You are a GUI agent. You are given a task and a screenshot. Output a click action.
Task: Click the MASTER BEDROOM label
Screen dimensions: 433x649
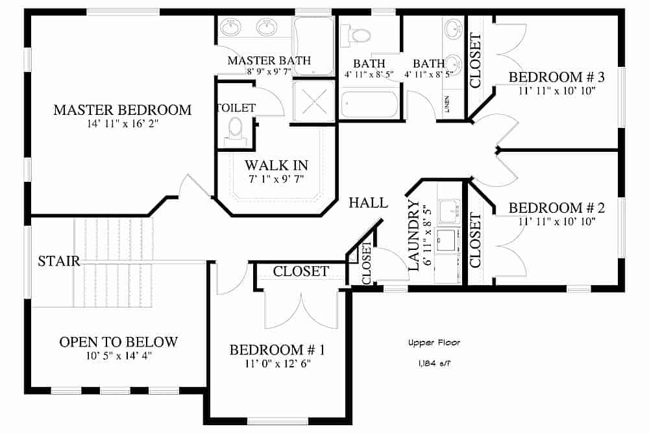(122, 110)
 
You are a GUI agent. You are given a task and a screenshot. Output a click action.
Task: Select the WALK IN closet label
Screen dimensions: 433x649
(276, 165)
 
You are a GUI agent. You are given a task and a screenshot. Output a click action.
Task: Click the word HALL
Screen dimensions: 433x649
(368, 203)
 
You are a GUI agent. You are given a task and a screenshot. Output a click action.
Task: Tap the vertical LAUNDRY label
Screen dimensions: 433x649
(413, 234)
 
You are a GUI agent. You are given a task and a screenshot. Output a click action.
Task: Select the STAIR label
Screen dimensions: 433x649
(58, 262)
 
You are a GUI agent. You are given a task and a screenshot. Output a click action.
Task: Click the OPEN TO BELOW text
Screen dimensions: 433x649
(118, 342)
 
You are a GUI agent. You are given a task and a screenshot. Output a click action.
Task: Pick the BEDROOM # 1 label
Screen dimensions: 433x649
(277, 351)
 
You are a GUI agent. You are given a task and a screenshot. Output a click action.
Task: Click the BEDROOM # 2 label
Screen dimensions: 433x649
(556, 208)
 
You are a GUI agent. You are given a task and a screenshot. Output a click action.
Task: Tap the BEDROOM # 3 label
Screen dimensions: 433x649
(556, 78)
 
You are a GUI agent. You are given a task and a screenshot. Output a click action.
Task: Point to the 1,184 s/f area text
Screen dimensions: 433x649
(430, 364)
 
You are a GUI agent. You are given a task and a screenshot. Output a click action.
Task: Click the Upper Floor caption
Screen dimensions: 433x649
(430, 342)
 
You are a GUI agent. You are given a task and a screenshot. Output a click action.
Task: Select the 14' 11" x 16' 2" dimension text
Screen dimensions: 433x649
(122, 124)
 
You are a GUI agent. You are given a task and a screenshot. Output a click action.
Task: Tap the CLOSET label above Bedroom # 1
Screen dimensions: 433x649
(300, 271)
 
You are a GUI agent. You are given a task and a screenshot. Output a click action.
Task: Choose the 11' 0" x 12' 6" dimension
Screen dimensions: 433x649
(277, 364)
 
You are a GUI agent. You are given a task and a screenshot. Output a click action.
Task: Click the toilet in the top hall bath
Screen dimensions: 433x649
(358, 34)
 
